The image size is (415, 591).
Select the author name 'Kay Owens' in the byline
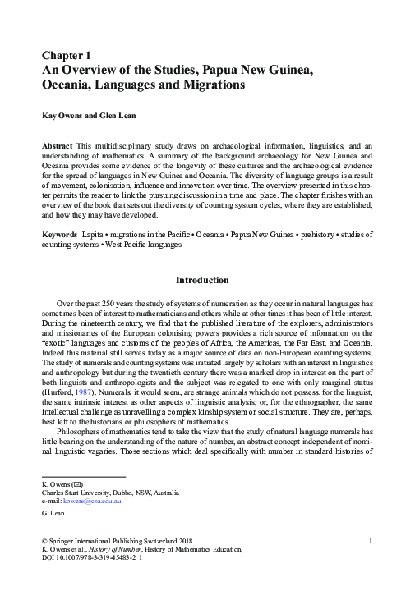click(x=65, y=117)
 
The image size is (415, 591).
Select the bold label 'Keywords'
click(x=61, y=234)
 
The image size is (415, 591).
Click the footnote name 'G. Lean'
click(x=55, y=513)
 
